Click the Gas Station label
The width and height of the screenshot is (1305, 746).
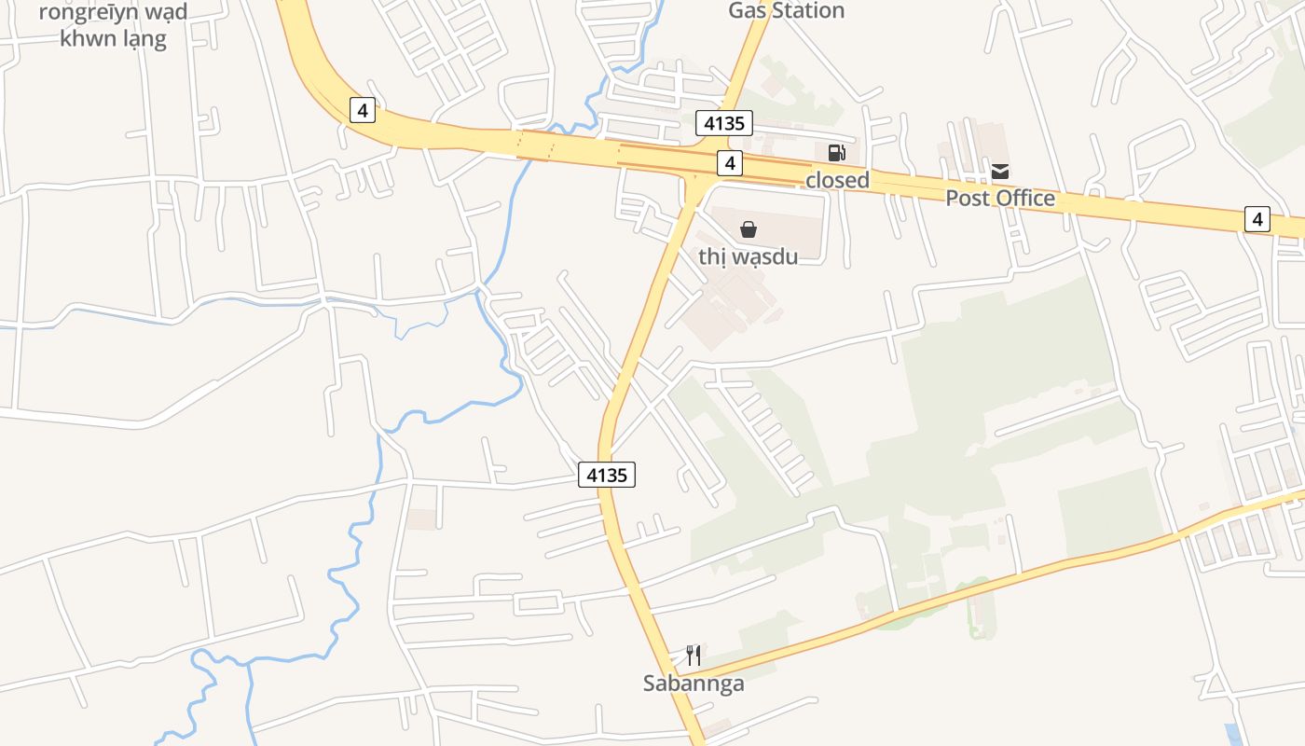(786, 11)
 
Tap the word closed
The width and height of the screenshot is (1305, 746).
(837, 180)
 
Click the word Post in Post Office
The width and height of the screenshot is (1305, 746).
(966, 199)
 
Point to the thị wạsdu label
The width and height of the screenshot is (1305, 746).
(748, 256)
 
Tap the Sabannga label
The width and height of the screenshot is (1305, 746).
(694, 684)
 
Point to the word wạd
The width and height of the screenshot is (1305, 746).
(165, 12)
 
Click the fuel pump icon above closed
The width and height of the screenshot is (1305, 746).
(836, 153)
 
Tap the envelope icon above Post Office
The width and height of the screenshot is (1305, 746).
(1000, 172)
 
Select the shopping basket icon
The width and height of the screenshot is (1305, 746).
(748, 229)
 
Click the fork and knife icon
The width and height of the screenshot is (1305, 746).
(694, 656)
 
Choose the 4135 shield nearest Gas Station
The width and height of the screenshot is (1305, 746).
(723, 123)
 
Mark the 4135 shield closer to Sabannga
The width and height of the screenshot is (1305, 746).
(606, 475)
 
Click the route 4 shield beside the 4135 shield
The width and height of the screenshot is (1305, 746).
(730, 163)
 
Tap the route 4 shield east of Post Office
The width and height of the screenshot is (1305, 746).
(1257, 220)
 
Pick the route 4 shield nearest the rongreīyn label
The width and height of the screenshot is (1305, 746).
(363, 110)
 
